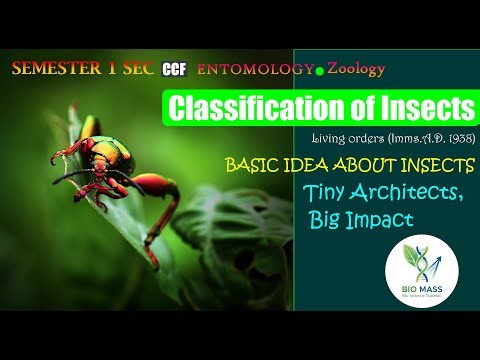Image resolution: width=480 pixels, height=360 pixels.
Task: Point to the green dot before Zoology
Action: (x=317, y=72)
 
